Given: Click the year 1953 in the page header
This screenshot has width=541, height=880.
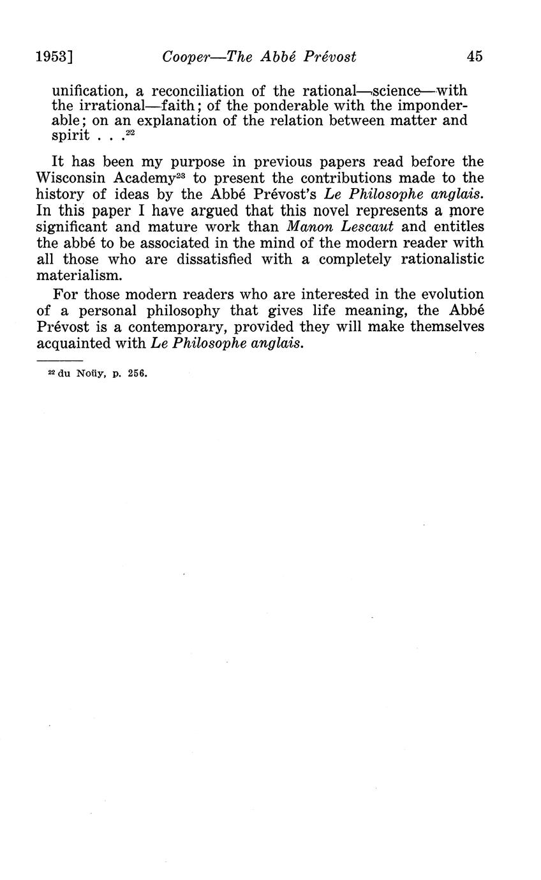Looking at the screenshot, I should (52, 56).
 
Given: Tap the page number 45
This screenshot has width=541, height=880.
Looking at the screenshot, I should (475, 56).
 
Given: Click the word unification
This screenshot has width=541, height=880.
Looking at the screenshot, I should (89, 91).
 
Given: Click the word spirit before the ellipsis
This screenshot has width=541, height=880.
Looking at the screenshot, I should (70, 135).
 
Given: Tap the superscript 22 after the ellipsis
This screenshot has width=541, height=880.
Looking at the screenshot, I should (130, 132).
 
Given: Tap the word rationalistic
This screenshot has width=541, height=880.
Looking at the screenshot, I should (442, 259).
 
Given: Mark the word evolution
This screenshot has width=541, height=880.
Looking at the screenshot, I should (451, 294).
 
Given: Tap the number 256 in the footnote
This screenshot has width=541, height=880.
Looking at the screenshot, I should (137, 373).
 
